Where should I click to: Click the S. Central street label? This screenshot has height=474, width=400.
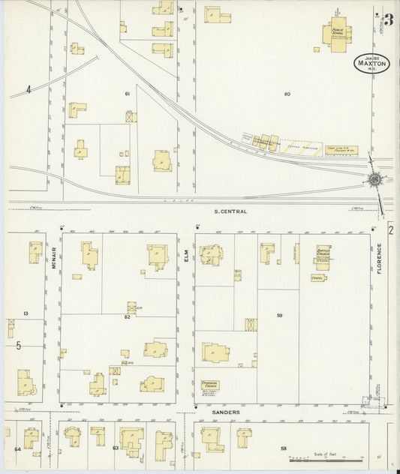230,211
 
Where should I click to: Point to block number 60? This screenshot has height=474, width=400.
287,94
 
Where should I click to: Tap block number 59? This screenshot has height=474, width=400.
279,316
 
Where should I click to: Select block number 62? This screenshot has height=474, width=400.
128,318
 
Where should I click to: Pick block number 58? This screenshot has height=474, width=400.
284,448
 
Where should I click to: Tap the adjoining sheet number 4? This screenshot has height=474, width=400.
29,90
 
